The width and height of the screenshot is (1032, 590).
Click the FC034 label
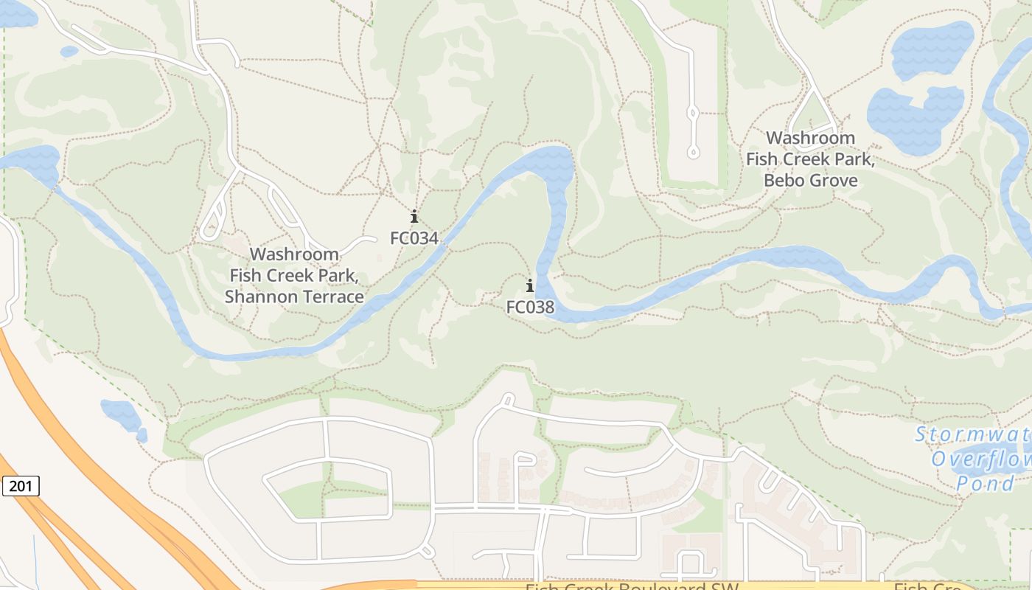[x=414, y=238]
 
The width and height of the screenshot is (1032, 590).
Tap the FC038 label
[x=529, y=307]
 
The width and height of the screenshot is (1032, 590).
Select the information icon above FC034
[x=414, y=217]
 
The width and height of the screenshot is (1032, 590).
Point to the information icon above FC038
[x=529, y=286]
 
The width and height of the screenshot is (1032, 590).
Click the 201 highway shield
[x=21, y=486]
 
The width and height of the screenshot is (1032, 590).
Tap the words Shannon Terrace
[x=293, y=297]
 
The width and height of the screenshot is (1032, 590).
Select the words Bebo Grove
[x=810, y=181]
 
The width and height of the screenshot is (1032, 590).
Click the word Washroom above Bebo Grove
[x=810, y=138]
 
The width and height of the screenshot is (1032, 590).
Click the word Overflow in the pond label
[x=980, y=459]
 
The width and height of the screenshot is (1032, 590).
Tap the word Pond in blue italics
[x=985, y=484]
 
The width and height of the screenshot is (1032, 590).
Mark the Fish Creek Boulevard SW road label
[x=630, y=587]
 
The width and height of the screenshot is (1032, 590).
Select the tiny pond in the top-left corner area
[x=69, y=52]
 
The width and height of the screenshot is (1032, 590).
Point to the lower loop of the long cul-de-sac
[x=693, y=152]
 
